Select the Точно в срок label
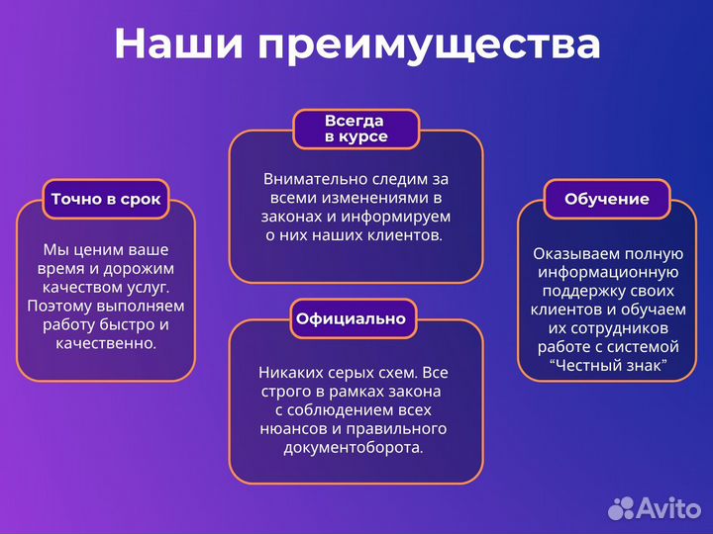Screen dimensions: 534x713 pyautogui.click(x=106, y=199)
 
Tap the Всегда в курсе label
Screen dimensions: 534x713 pyautogui.click(x=356, y=129)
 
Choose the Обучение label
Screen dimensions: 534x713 pyautogui.click(x=607, y=199)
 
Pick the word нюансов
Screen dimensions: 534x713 pyautogui.click(x=294, y=428)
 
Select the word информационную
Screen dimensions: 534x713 pyautogui.click(x=607, y=272)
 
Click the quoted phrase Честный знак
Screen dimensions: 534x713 pyautogui.click(x=607, y=365)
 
